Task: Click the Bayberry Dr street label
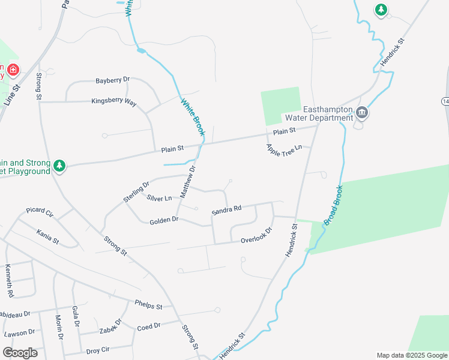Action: pyautogui.click(x=113, y=80)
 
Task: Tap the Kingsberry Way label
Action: pyautogui.click(x=114, y=101)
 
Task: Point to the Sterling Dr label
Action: pyautogui.click(x=136, y=192)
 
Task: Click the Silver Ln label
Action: pyautogui.click(x=159, y=197)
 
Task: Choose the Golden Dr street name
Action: pyautogui.click(x=164, y=220)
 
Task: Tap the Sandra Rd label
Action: pyautogui.click(x=226, y=209)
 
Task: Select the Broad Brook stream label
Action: pyautogui.click(x=333, y=206)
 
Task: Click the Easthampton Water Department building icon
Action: pyautogui.click(x=361, y=112)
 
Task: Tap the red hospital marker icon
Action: pyautogui.click(x=13, y=71)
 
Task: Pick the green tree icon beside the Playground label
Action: pyautogui.click(x=59, y=166)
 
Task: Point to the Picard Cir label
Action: pyautogui.click(x=40, y=212)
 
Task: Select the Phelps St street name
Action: pyautogui.click(x=148, y=305)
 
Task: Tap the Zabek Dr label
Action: pyautogui.click(x=111, y=326)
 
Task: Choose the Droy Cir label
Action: pyautogui.click(x=98, y=350)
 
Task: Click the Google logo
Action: pyautogui.click(x=20, y=353)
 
